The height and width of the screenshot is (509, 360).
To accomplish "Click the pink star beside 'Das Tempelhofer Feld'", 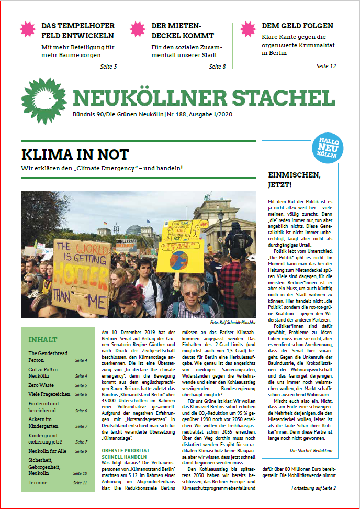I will click(27, 29).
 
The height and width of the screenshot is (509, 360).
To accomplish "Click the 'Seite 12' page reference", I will click(326, 66).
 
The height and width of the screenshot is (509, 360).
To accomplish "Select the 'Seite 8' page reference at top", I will click(217, 67).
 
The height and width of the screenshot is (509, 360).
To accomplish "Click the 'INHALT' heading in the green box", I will click(42, 339).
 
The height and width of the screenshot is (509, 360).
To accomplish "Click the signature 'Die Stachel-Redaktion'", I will click(312, 450).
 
